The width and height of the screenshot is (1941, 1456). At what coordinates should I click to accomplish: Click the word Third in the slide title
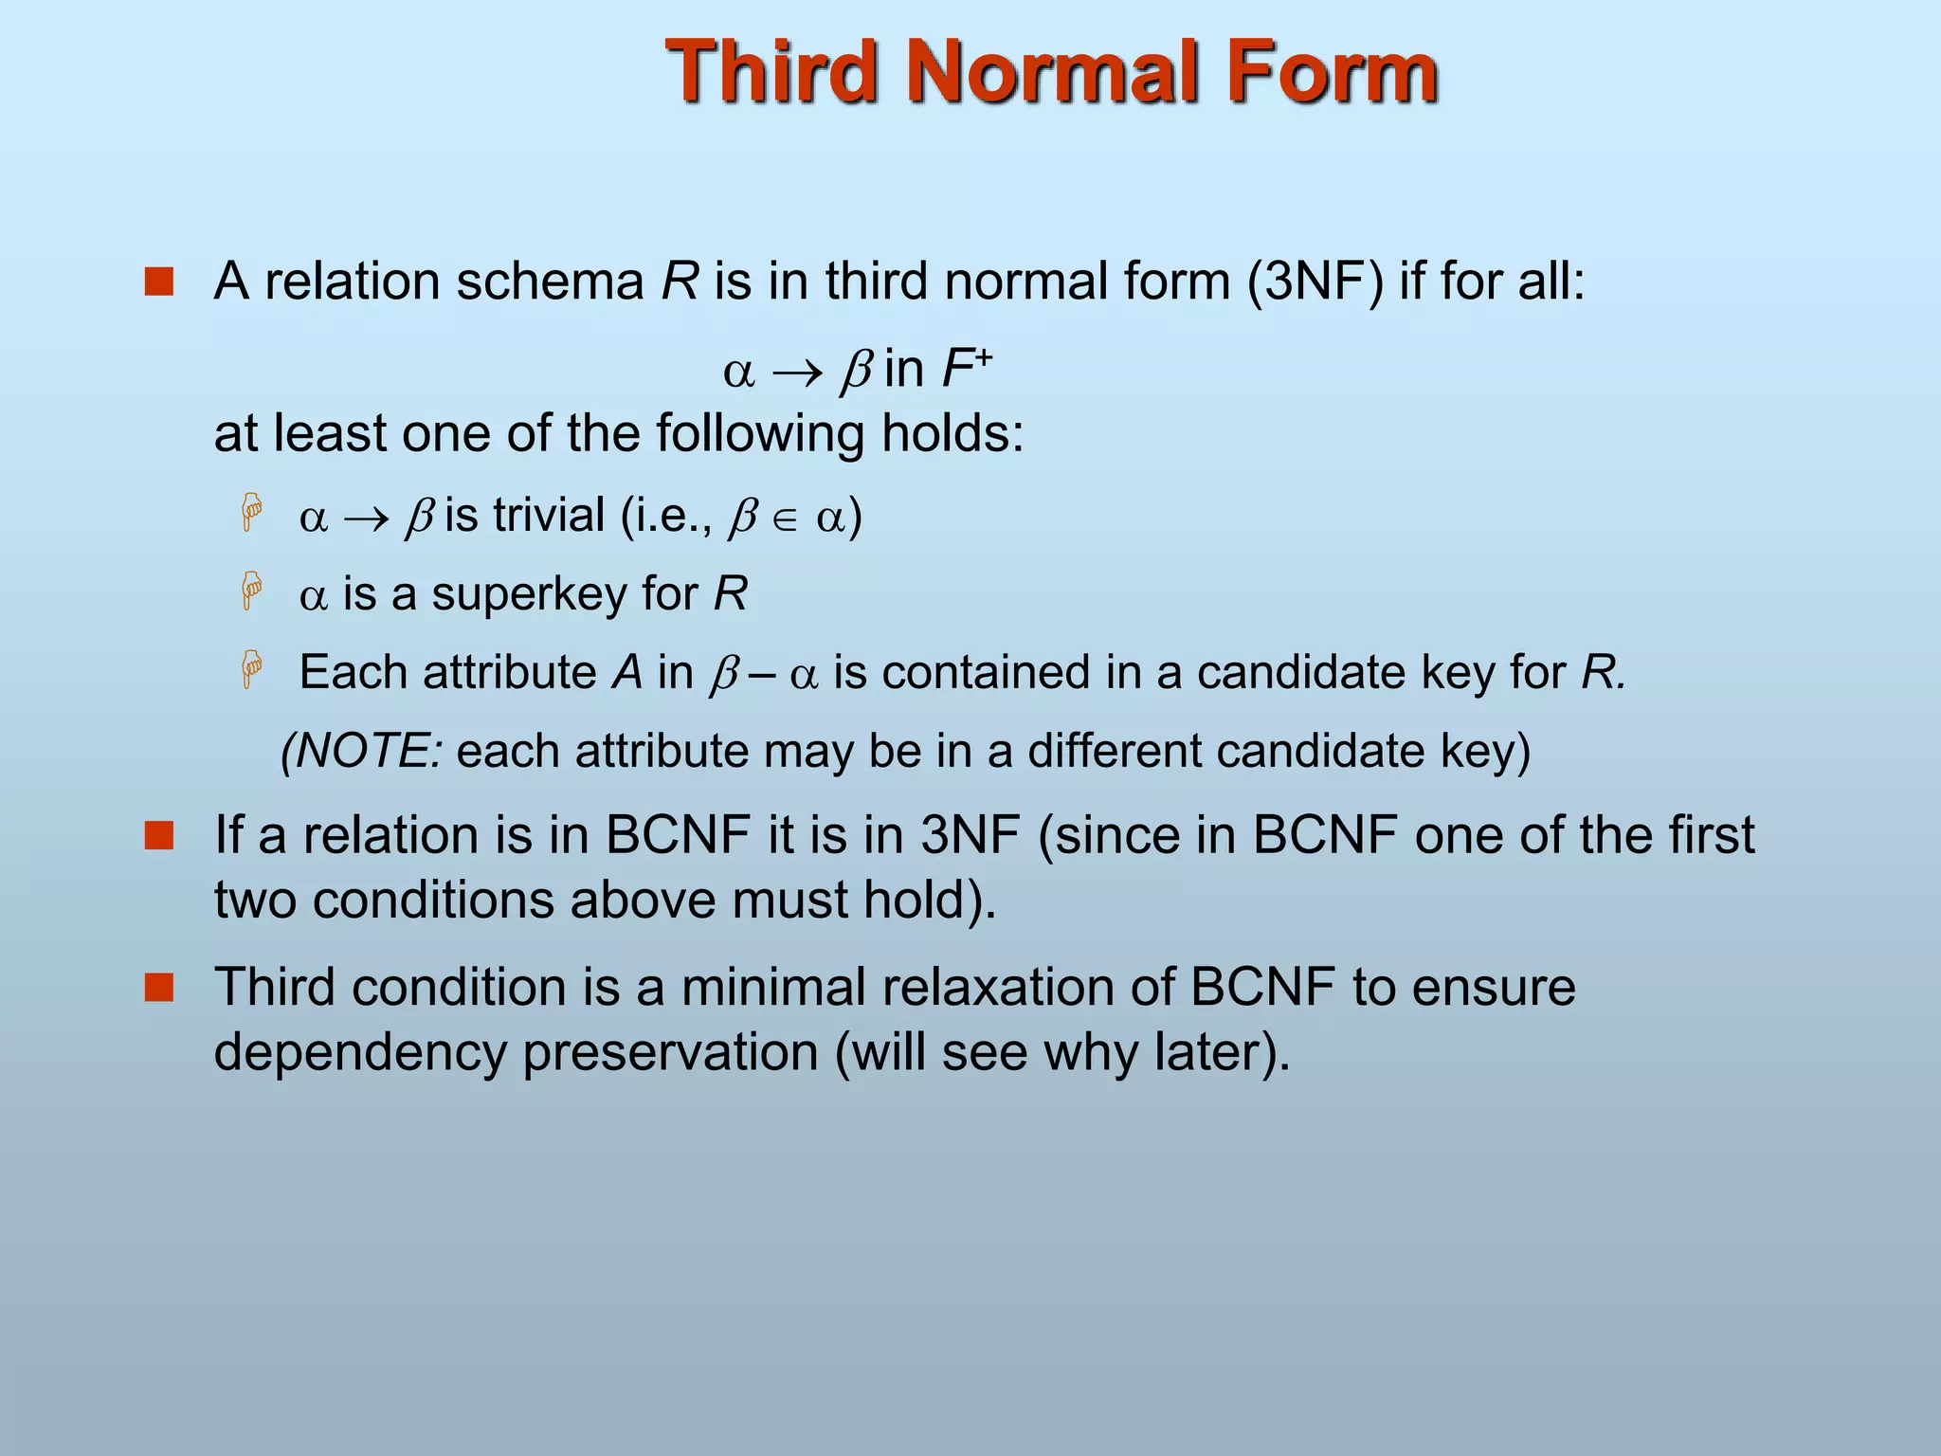click(x=769, y=71)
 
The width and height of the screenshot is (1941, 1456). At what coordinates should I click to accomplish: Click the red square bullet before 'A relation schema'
click(x=159, y=282)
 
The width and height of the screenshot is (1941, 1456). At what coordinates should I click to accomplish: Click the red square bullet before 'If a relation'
click(x=159, y=835)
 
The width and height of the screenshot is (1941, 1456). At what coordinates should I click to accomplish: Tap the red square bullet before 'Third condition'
click(x=159, y=987)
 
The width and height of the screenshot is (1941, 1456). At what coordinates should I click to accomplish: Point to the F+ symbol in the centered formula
click(x=965, y=368)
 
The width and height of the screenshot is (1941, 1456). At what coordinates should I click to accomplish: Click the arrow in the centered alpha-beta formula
click(x=797, y=372)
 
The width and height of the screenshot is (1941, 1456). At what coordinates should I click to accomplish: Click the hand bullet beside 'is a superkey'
click(x=251, y=591)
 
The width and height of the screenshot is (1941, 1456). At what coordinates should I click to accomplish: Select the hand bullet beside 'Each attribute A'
click(x=251, y=670)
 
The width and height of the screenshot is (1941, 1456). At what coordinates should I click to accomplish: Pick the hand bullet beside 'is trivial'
click(x=251, y=513)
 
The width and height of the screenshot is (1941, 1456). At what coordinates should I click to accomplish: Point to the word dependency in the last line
click(x=360, y=1052)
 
